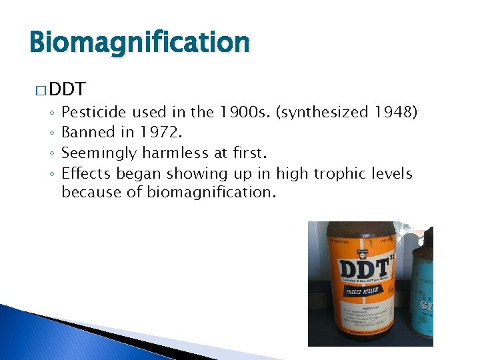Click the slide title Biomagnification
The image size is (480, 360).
(x=139, y=43)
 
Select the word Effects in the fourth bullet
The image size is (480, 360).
(x=86, y=173)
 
